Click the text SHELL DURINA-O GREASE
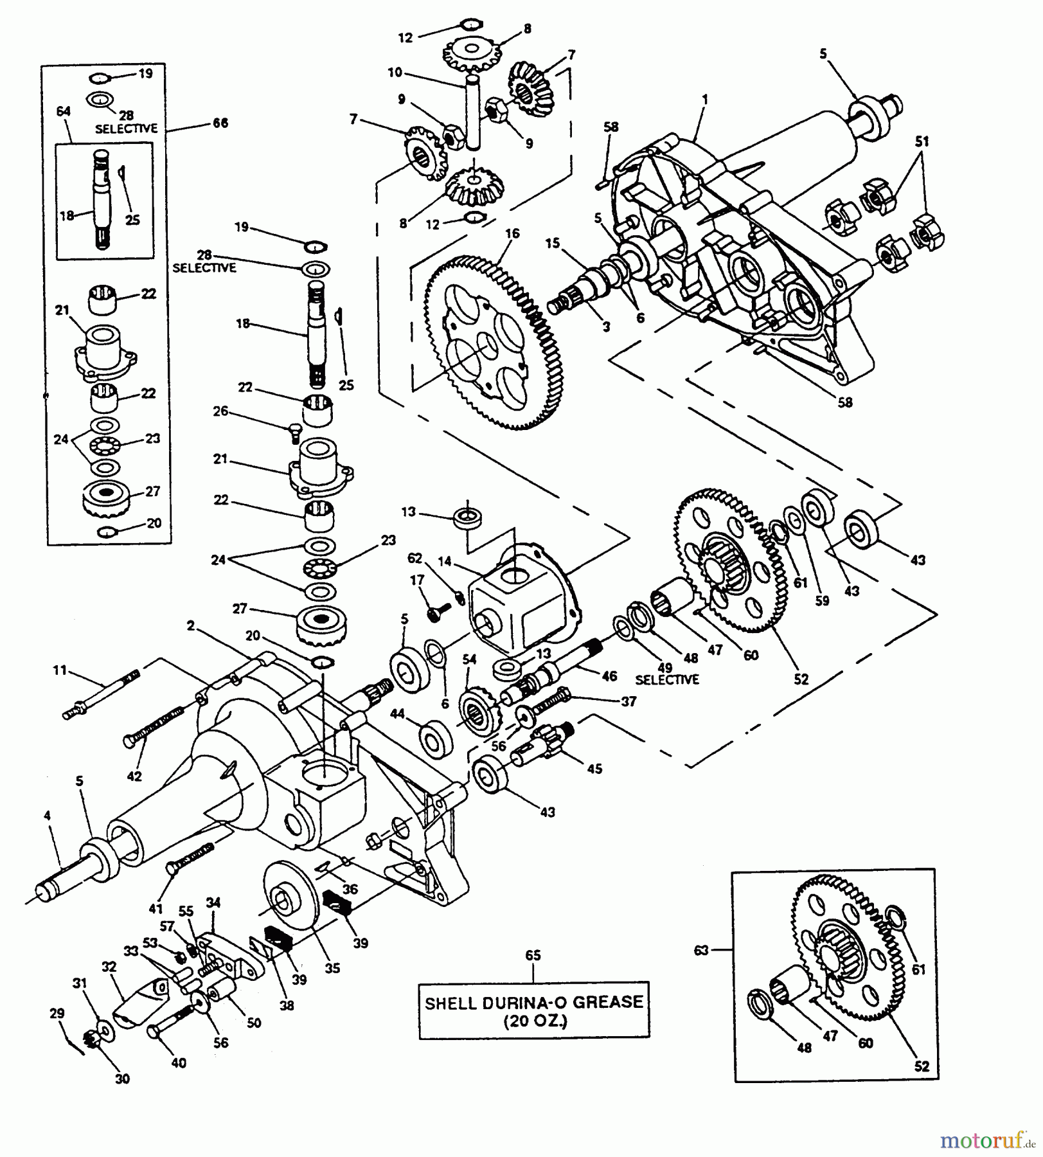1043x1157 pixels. [x=533, y=1002]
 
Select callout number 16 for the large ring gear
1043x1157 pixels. [x=512, y=234]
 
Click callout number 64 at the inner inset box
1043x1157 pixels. [x=63, y=112]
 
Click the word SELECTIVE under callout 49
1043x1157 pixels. [x=666, y=679]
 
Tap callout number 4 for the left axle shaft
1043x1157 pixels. [x=47, y=816]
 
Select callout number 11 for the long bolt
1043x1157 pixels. [x=59, y=670]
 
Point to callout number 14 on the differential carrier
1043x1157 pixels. [x=445, y=561]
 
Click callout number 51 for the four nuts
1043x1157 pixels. [x=922, y=141]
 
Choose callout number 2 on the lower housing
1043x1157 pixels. [x=190, y=625]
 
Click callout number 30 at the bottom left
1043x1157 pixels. [x=122, y=1079]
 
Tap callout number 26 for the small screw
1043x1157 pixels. [x=220, y=411]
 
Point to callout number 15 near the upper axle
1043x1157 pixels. [x=553, y=244]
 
